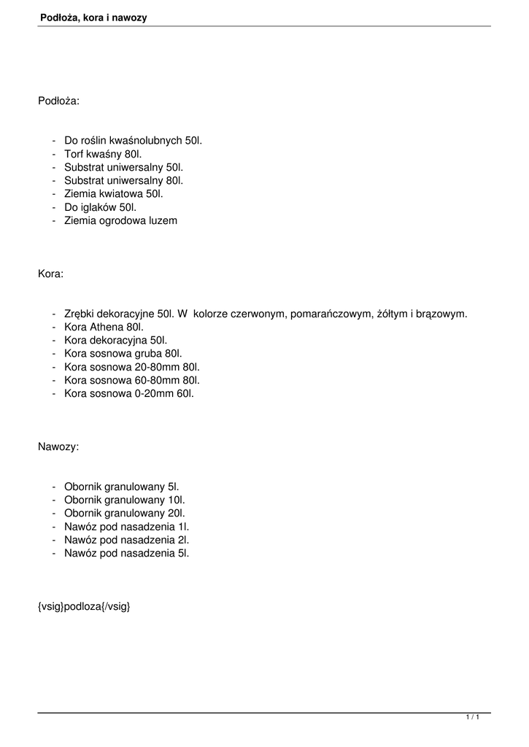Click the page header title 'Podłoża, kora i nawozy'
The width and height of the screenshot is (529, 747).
pos(93,17)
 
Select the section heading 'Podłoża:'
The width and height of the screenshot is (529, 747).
pos(58,101)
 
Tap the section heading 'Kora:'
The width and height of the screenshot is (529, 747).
pos(50,274)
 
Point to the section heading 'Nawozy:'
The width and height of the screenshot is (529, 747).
pos(58,446)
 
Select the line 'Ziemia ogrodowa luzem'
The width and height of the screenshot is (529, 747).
pos(120,220)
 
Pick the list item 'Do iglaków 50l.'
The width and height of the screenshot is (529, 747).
pos(101,206)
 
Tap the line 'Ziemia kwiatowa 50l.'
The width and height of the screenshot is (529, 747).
pos(114,193)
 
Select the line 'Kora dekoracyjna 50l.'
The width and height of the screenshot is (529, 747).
pos(115,340)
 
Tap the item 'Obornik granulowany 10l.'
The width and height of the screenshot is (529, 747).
pos(124,500)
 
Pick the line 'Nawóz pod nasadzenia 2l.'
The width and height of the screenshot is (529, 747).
pos(126,539)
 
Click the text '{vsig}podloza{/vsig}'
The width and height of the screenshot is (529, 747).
pos(84,606)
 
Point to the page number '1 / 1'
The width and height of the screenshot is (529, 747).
pos(473,719)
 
